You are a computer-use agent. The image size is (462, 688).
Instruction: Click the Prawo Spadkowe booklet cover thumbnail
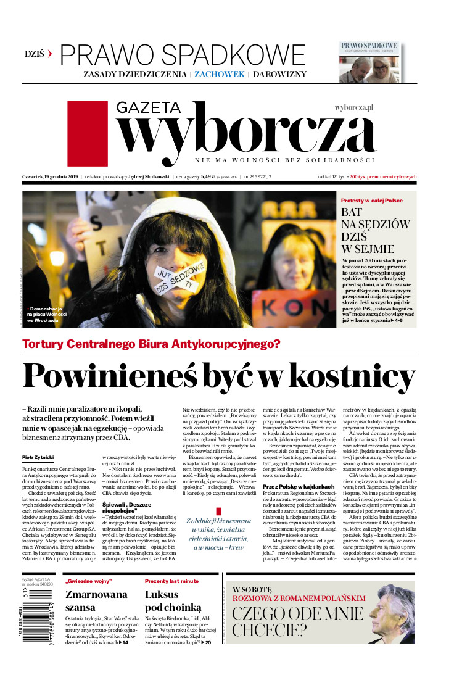(368, 62)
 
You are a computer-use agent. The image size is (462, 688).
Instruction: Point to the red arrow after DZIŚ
(50, 54)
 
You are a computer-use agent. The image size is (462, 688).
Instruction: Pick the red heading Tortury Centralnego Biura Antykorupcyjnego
(151, 344)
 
